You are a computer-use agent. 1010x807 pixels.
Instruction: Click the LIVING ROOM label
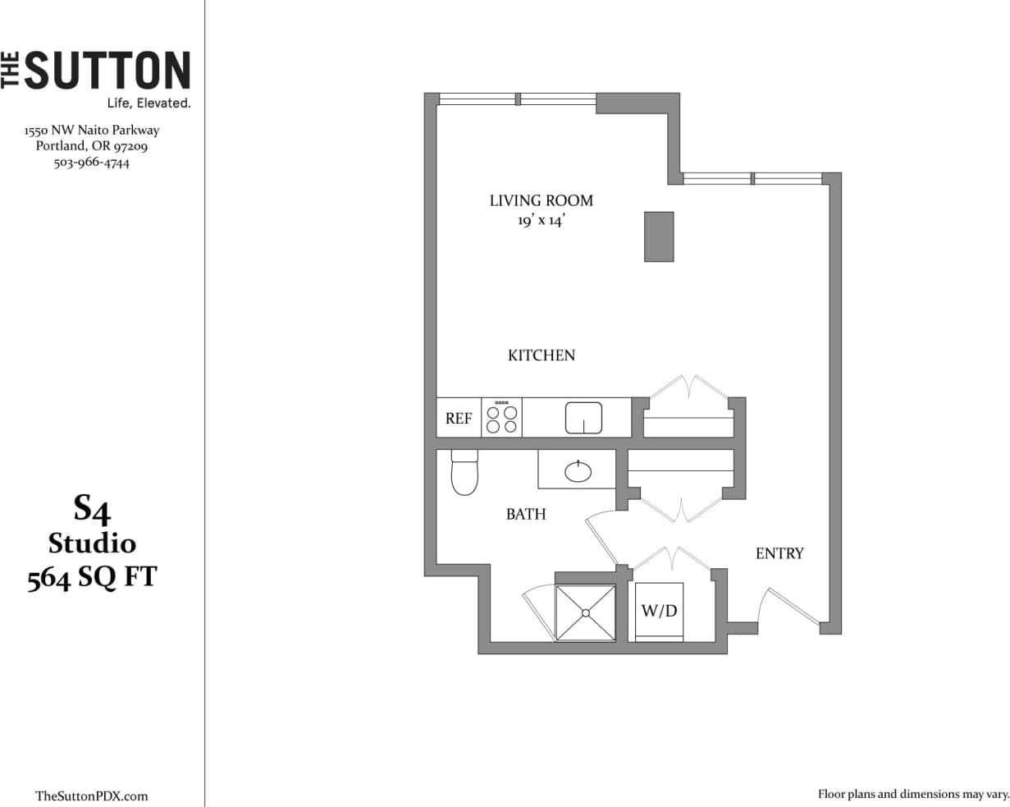click(541, 200)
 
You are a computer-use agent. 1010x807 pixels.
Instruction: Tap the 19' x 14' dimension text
click(541, 221)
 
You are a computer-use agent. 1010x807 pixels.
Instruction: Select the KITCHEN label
click(542, 355)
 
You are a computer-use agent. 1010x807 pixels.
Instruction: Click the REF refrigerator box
click(458, 418)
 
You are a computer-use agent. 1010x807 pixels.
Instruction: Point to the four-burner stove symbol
click(502, 418)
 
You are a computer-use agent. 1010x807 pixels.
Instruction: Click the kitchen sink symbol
click(583, 418)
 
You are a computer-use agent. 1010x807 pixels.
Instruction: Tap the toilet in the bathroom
click(464, 474)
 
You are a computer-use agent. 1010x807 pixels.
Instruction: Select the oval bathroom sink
click(578, 470)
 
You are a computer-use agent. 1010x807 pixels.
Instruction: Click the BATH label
click(526, 515)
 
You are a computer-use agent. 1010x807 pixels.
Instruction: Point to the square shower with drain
click(586, 612)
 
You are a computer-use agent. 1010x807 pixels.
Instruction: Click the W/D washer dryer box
click(660, 612)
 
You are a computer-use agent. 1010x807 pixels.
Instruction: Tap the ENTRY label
click(779, 554)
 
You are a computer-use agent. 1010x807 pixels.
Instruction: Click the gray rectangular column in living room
click(659, 236)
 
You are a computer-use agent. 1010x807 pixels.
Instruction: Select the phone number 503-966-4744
click(91, 163)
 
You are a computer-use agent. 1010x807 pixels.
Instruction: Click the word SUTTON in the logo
click(107, 71)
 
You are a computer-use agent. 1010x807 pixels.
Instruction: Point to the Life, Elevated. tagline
click(149, 103)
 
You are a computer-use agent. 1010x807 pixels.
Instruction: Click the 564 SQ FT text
click(92, 579)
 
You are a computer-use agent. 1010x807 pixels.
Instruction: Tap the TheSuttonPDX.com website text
click(92, 796)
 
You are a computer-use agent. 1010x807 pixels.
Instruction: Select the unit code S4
click(92, 510)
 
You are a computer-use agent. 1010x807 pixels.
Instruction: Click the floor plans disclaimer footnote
click(912, 794)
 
